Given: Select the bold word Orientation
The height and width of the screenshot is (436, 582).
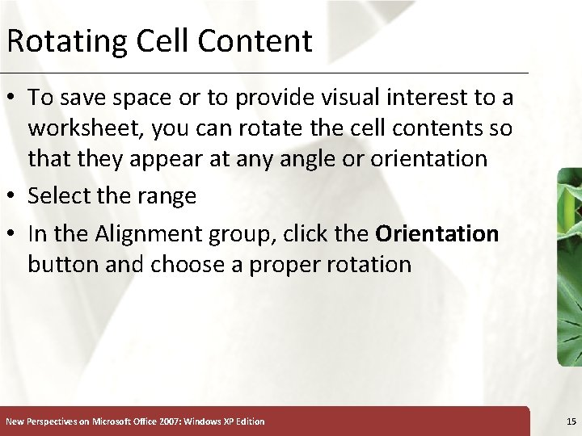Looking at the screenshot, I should coord(437,234).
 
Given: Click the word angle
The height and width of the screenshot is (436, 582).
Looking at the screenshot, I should coord(306,158).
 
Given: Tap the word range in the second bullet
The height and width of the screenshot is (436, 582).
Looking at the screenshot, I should coord(168,196).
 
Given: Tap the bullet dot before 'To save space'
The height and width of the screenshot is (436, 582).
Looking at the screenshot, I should coord(12,99).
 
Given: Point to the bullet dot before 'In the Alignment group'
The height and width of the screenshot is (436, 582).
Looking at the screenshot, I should coord(12,235).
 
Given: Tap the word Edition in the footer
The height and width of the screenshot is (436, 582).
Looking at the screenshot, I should coord(248,421).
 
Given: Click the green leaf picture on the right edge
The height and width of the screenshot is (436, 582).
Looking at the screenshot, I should coord(569,266).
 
